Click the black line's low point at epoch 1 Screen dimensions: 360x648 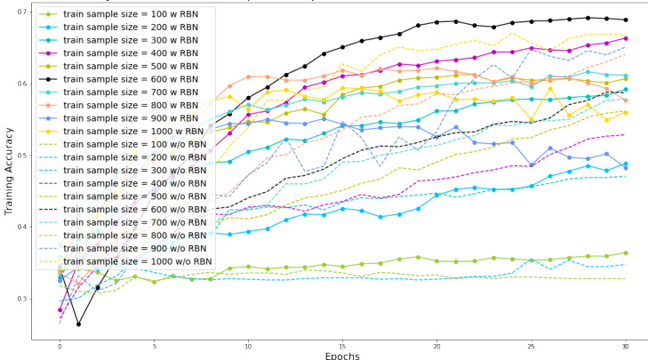click(x=78, y=324)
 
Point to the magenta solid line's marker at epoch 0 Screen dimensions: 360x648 click(x=60, y=310)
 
